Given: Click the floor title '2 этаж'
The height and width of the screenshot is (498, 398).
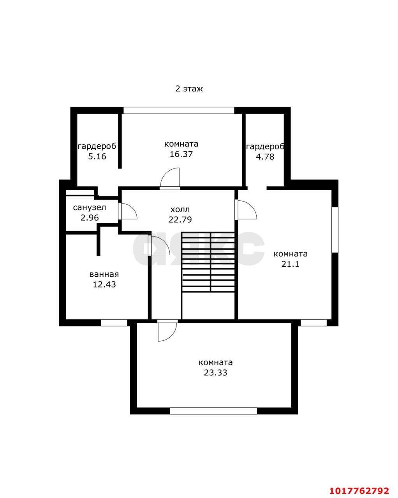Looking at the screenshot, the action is coord(189,89).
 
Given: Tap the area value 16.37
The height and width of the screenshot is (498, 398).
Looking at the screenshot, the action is coord(181,154).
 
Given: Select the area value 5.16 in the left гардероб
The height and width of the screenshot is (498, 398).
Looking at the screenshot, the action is coord(97,156).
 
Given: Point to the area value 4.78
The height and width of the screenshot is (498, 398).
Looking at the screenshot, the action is coord(265,157).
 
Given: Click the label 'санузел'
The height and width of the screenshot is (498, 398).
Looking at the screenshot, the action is coord(90,208).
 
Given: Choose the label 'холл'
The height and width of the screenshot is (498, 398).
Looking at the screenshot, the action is coord(180,210).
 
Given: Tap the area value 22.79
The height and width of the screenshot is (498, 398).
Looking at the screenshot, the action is coord(180,219).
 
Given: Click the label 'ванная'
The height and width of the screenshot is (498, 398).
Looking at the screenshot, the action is coord(104,274).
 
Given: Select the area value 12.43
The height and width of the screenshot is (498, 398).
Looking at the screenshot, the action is coord(104,284).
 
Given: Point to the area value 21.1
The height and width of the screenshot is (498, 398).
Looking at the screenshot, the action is coord(290,264).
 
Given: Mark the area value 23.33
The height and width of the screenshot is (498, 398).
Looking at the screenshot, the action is coord(215,373).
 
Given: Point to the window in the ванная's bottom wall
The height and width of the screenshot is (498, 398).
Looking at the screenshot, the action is coord(114,323).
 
